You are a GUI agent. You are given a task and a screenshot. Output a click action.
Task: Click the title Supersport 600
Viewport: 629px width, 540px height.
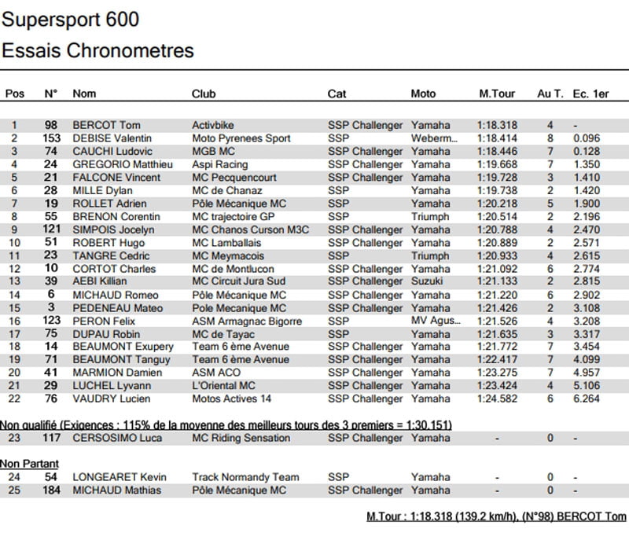pos(71,19)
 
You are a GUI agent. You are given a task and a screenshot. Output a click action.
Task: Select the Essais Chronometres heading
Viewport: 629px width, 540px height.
pos(97,51)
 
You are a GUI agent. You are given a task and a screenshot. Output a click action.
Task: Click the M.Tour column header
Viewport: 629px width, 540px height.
pos(497,94)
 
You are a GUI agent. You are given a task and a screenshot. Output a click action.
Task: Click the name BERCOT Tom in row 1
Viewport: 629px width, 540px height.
pos(106,125)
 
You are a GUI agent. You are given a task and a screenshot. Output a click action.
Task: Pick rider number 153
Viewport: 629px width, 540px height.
pos(50,138)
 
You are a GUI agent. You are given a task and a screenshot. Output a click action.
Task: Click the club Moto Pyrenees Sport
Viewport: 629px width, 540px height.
pos(241,138)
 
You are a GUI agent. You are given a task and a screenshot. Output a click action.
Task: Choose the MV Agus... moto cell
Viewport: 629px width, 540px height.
pos(433,321)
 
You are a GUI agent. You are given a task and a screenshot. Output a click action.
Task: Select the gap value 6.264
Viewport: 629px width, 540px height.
pos(587,399)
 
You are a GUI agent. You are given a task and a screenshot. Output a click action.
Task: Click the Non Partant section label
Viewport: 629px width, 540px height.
pos(29,464)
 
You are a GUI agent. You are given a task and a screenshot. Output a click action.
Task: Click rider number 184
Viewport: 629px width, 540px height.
pos(50,490)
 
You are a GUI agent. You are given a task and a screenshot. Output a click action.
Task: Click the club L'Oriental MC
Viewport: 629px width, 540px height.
pos(223,386)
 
